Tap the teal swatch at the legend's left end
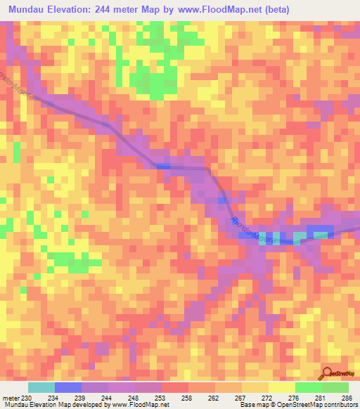[41, 387]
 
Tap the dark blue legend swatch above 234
[67, 387]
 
